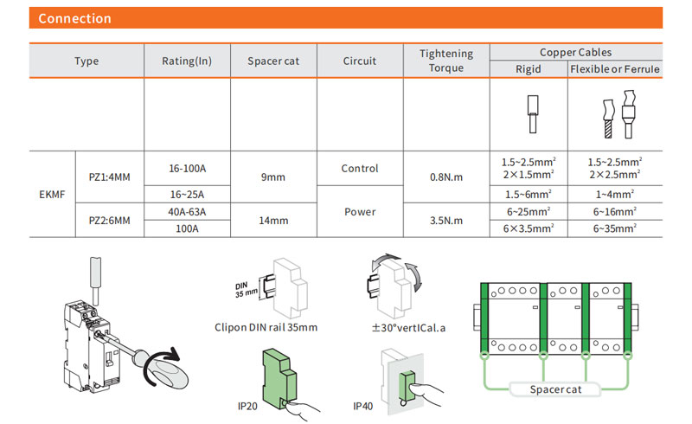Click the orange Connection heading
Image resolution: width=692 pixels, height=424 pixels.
(75, 18)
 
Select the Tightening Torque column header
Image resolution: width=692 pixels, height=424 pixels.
(446, 61)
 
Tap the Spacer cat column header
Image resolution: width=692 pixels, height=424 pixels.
(273, 61)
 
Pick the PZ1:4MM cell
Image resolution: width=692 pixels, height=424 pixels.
(109, 177)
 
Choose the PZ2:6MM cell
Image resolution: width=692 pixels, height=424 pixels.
(109, 221)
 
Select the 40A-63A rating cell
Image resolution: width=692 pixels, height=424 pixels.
(187, 212)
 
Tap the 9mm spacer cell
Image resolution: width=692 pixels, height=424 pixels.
(273, 177)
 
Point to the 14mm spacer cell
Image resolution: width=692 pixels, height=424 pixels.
(273, 221)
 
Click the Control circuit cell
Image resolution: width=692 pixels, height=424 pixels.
(360, 169)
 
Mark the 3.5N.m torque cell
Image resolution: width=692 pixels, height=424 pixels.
(446, 221)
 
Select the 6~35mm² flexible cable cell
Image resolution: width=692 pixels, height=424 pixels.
(614, 228)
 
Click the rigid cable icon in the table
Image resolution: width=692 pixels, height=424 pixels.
(529, 115)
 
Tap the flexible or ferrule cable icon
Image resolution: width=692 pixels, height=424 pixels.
(614, 115)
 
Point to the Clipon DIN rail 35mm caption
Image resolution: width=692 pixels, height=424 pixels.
(266, 327)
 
